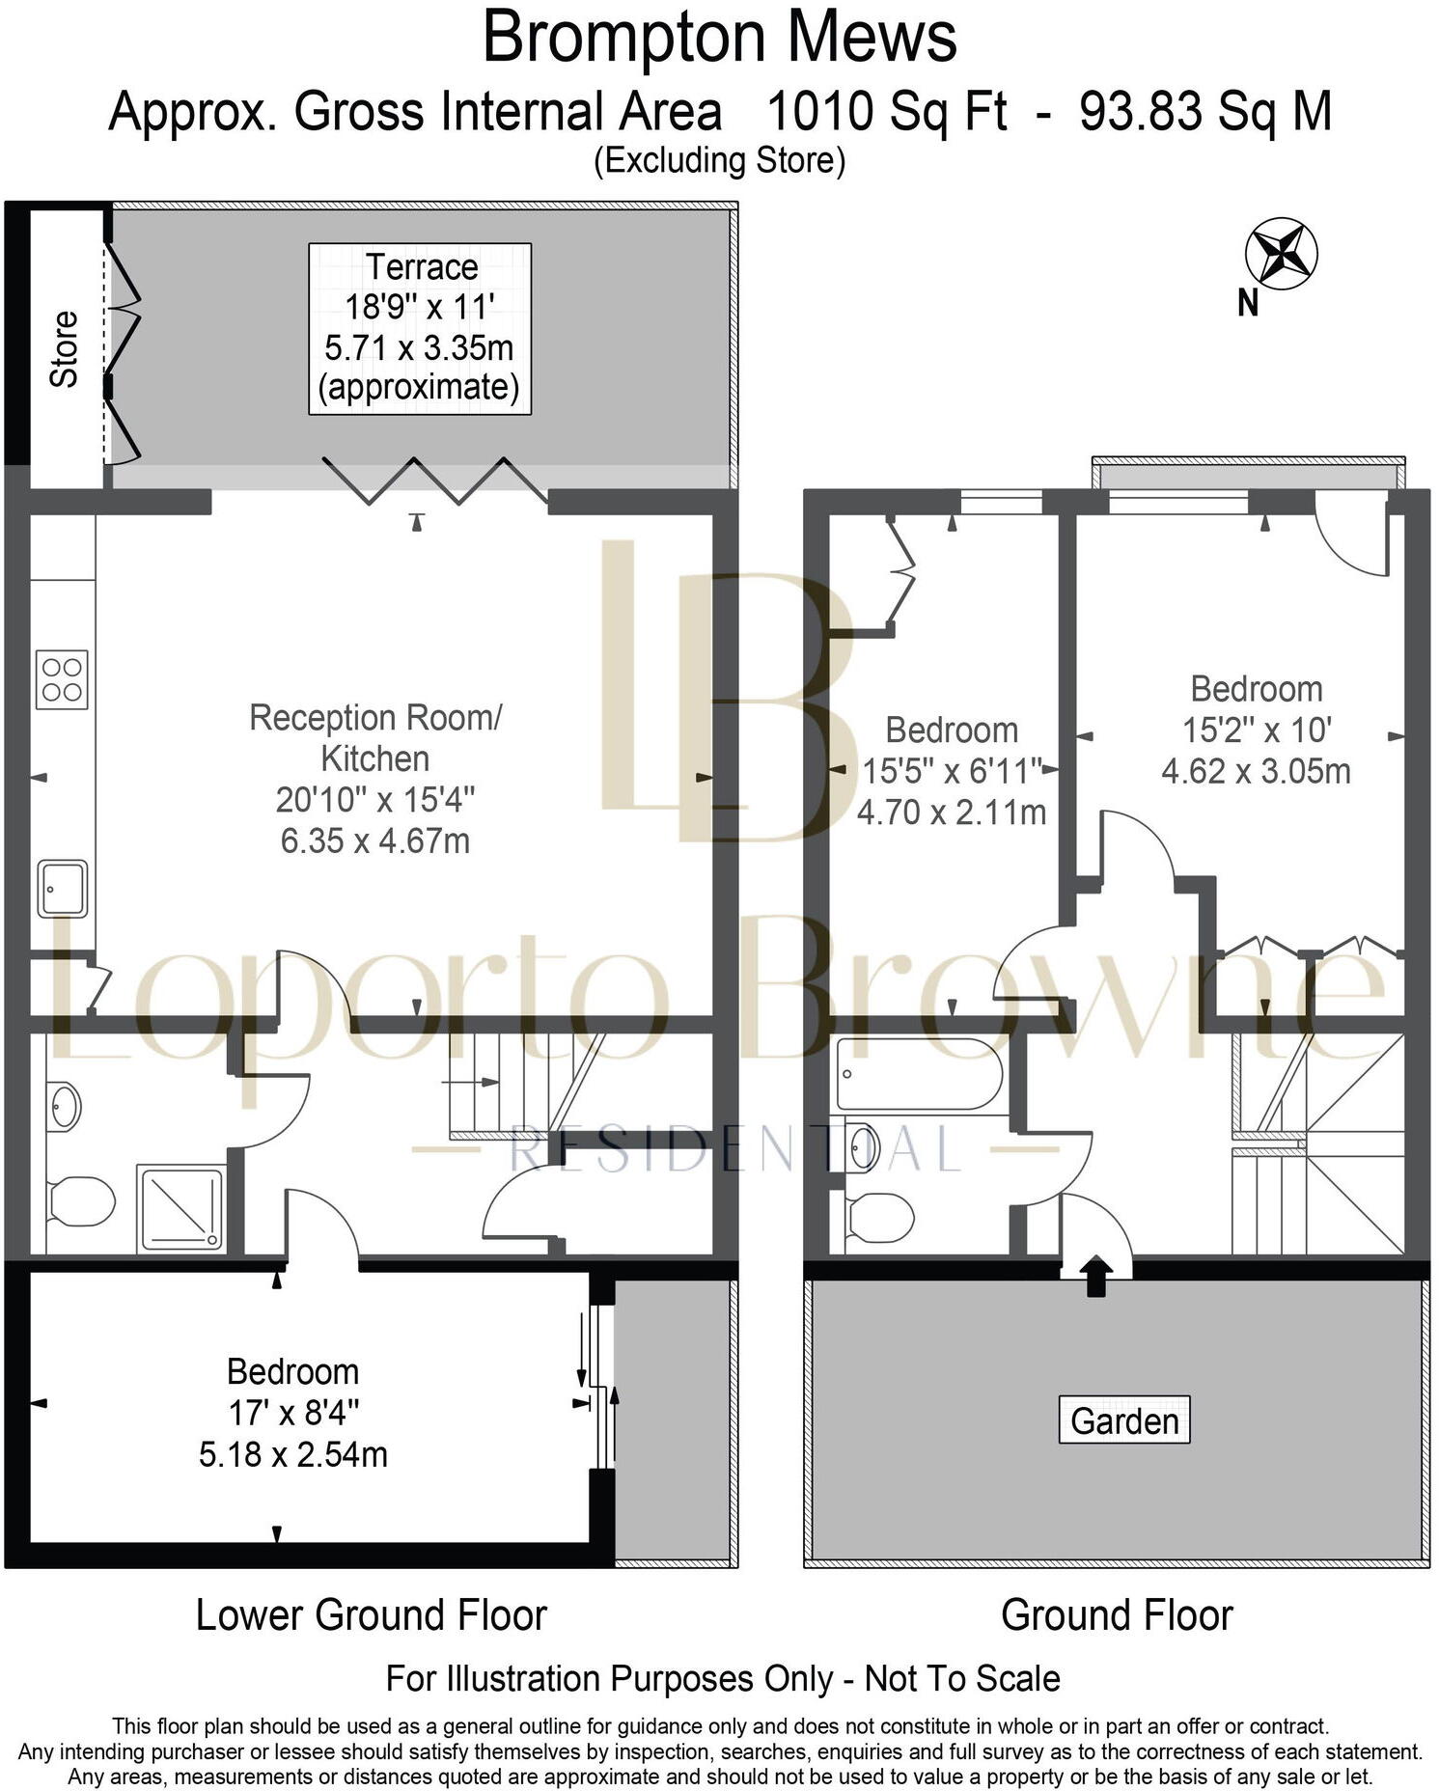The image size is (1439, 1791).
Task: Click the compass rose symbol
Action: tap(1281, 255)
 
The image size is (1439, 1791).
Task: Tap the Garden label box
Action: tap(1124, 1420)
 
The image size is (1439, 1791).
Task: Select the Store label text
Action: tap(64, 348)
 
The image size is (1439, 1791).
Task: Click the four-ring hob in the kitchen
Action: tap(62, 679)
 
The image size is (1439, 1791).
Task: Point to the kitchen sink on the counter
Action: tap(63, 888)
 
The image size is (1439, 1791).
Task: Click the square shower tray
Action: tap(181, 1209)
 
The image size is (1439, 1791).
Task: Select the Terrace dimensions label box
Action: tap(420, 328)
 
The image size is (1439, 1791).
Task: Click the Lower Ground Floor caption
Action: tap(371, 1615)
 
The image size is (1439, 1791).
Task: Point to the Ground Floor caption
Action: tap(1117, 1615)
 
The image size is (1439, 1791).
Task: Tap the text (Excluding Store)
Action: tap(719, 160)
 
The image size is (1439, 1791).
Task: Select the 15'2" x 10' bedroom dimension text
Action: tap(1257, 730)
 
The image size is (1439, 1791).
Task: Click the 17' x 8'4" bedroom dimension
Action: tap(293, 1413)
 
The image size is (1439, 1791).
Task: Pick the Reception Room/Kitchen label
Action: tap(375, 737)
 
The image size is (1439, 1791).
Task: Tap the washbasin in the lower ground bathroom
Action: tap(65, 1106)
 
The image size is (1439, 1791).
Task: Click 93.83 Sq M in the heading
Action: tap(1205, 112)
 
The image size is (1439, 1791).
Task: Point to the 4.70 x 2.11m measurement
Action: tap(952, 812)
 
